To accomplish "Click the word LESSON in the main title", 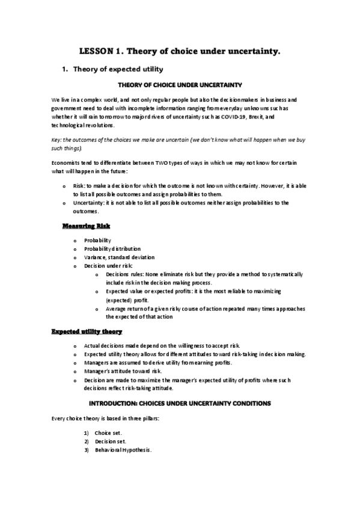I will [x=97, y=52].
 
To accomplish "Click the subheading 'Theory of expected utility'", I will [x=118, y=69].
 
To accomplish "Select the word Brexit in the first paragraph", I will [x=255, y=117].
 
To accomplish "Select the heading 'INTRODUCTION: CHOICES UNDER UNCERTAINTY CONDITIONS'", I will [x=180, y=402].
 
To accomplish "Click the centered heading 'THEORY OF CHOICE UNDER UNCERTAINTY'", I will [x=180, y=86].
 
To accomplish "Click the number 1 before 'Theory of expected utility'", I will [x=64, y=69].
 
